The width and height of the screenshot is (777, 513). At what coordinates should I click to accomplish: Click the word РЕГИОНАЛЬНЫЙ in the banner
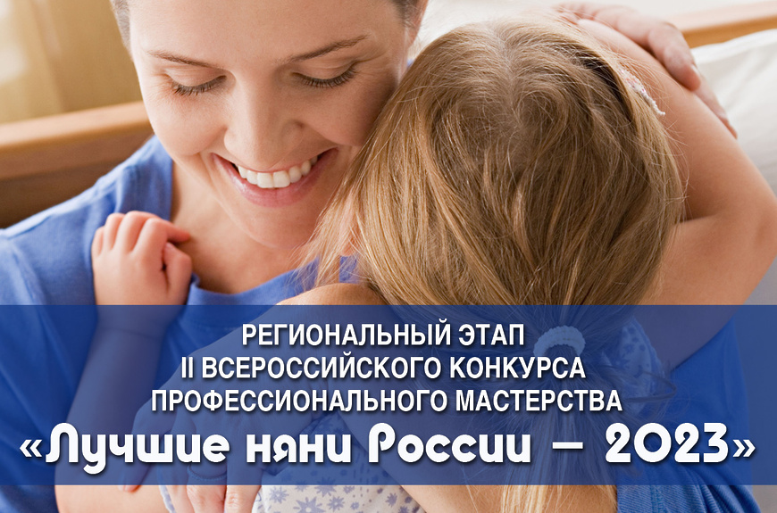[x=344, y=335]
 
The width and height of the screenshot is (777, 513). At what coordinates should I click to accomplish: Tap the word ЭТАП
[x=489, y=335]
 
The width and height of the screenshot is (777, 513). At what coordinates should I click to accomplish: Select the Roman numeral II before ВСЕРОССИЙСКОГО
[x=187, y=368]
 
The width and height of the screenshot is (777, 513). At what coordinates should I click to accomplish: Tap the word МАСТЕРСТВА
[x=539, y=401]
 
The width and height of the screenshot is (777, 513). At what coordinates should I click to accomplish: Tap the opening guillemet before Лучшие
[x=31, y=448]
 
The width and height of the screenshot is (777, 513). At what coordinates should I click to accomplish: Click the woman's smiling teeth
[x=275, y=173]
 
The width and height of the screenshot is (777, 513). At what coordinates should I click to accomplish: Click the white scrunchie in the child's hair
[x=559, y=341]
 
